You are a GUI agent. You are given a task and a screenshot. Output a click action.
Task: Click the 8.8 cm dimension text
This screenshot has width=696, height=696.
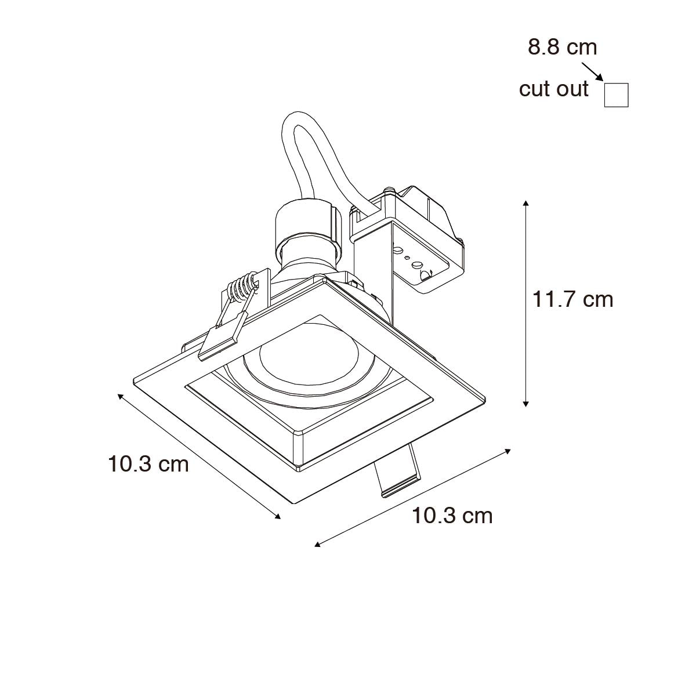[x=563, y=48]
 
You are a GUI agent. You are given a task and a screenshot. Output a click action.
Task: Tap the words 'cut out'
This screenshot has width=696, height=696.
[x=553, y=89]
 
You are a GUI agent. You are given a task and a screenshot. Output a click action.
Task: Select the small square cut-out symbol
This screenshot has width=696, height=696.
[x=616, y=95]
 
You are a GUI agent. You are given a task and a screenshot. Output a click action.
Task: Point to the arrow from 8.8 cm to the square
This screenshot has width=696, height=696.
[x=592, y=72]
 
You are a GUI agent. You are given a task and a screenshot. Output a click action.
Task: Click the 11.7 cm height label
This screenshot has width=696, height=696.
[x=573, y=300]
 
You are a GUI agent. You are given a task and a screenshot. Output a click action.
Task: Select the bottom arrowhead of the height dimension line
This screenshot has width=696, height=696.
[x=526, y=404]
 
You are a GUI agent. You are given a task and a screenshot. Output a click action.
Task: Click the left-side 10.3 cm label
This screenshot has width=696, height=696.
[x=148, y=464]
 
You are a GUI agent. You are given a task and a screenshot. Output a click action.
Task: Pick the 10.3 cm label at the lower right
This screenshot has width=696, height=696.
[x=452, y=516]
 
